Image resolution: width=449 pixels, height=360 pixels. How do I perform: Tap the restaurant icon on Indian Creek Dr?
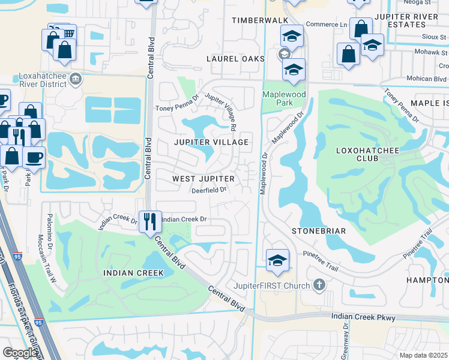(x=150, y=221)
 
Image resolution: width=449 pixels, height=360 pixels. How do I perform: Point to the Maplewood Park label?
(x=285, y=98)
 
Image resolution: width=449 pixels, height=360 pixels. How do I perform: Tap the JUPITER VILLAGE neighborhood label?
(x=211, y=142)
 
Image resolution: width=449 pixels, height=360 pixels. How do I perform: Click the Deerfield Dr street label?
(x=208, y=190)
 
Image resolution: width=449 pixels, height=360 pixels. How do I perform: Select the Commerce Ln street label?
(x=327, y=25)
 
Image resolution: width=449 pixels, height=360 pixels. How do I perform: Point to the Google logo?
(x=20, y=353)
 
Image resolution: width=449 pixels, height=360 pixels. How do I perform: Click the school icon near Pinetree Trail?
(x=277, y=260)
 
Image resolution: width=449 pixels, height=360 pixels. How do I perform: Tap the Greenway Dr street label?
(x=346, y=340)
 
